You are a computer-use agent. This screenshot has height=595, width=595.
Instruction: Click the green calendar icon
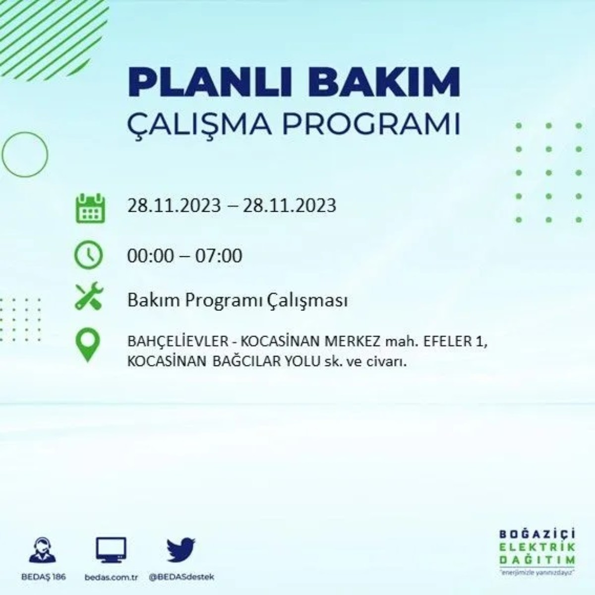pos(90,208)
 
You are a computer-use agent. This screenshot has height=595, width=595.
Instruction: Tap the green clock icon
pos(88,255)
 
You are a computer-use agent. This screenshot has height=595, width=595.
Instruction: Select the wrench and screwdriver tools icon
pos(89,297)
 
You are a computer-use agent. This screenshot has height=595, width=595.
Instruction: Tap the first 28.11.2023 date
pos(174,205)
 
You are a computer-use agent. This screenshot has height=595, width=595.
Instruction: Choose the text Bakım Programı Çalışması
pos(237,300)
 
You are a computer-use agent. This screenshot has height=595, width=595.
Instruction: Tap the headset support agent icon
pos(44,549)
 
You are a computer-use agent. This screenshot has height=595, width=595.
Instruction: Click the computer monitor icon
pos(111,550)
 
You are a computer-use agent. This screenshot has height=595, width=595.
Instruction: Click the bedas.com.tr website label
pos(111,578)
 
